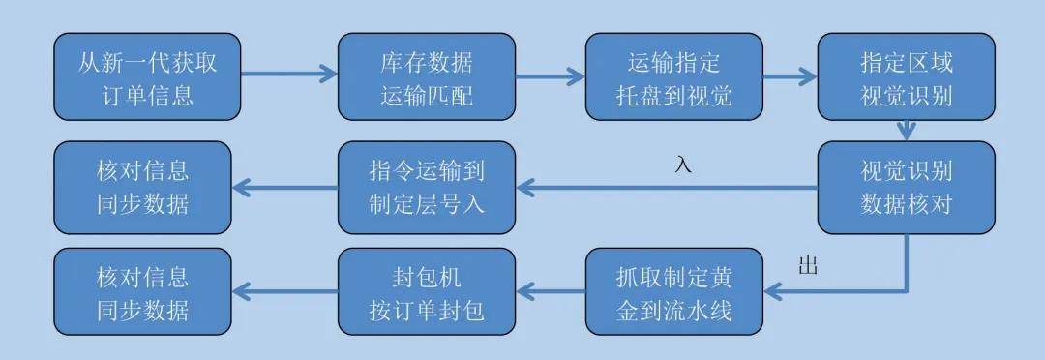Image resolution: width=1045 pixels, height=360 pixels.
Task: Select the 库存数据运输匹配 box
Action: (426, 78)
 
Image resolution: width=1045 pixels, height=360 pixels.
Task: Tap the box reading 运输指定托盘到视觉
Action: (673, 78)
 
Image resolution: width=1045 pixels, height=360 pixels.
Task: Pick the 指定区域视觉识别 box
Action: (907, 78)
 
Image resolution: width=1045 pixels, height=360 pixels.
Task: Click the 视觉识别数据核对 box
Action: (907, 187)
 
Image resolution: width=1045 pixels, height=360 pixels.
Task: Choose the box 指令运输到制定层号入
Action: (426, 187)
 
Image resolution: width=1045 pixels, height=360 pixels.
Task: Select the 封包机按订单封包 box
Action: (426, 294)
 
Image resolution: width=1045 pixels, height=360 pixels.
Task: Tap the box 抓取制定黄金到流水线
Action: (673, 294)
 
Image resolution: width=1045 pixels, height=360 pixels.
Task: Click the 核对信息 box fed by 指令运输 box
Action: (141, 187)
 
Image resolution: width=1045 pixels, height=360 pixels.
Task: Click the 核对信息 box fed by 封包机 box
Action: (141, 294)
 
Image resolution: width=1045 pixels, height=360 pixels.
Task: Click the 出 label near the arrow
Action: (808, 266)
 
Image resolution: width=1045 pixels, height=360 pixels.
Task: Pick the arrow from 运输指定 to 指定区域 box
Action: (790, 73)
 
